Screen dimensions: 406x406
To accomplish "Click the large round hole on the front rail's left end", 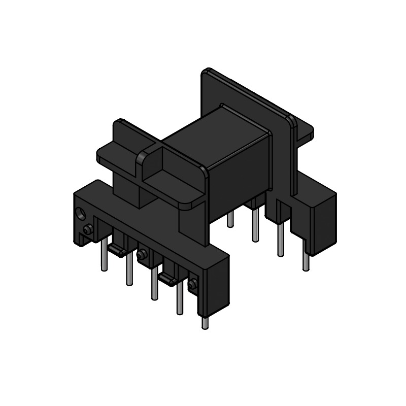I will click(x=80, y=214).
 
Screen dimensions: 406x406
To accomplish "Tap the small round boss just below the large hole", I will click(x=87, y=230).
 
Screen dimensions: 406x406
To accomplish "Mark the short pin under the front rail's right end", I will click(x=205, y=323).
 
